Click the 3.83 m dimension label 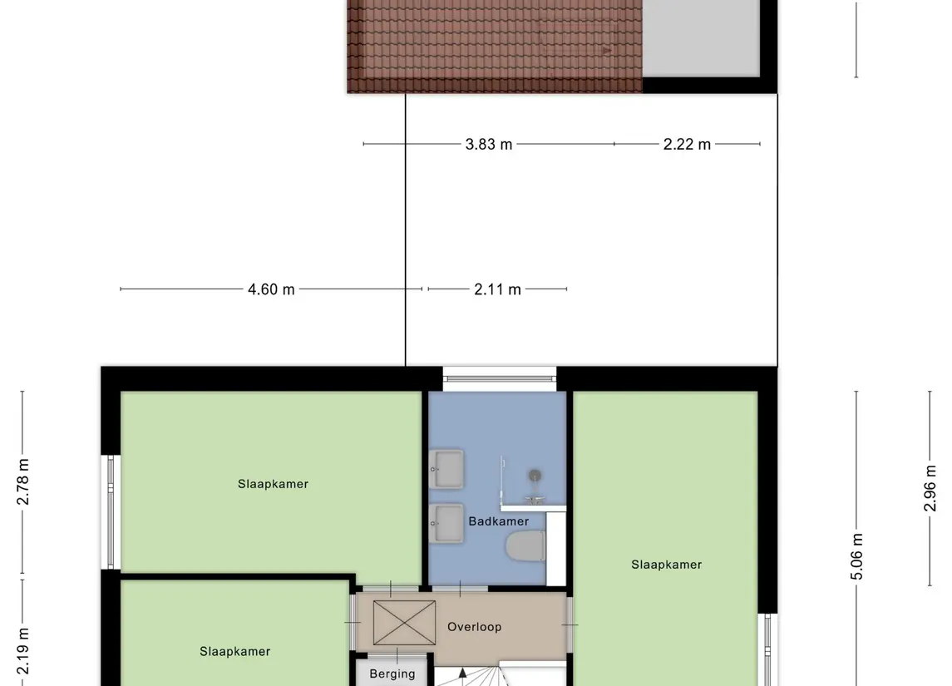pos(489,145)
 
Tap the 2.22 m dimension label pos(687,145)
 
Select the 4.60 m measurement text pos(271,289)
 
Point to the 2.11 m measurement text pos(497,289)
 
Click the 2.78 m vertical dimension pos(23,482)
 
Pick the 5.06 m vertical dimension pos(857,557)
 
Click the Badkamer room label pos(498,521)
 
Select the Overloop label pos(474,627)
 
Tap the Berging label pos(392,674)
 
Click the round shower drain pos(535,475)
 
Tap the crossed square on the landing pos(404,622)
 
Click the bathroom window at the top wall pos(499,379)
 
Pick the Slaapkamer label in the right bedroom pos(666,565)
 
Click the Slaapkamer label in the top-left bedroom pos(273,484)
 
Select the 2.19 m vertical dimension pos(23,653)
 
